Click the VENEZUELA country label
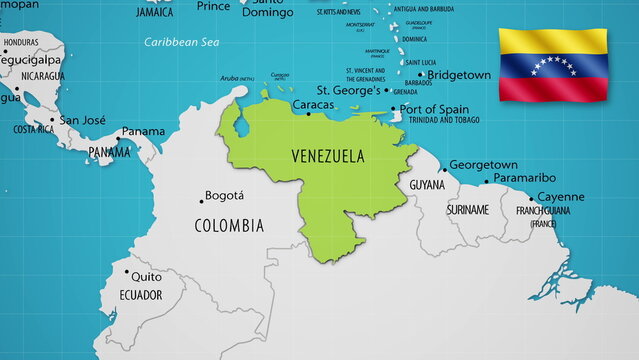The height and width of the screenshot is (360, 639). [x=327, y=156]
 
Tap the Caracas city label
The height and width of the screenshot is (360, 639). [x=312, y=104]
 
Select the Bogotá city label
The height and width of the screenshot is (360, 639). [x=223, y=196]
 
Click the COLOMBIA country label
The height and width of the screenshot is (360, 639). [x=229, y=225]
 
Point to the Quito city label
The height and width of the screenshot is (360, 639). [x=146, y=276]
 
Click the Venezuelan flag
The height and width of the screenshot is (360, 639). [x=553, y=64]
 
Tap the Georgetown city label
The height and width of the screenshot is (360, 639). [x=483, y=165]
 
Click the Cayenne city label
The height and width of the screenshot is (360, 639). [x=560, y=197]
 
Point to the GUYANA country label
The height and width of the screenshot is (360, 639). [x=427, y=186]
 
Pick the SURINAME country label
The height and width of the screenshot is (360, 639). [x=467, y=210]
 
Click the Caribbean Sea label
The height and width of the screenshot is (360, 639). [x=181, y=42]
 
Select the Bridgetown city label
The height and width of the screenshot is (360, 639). [x=459, y=75]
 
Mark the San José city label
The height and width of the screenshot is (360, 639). [x=82, y=120]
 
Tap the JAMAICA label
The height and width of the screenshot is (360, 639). [x=154, y=13]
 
